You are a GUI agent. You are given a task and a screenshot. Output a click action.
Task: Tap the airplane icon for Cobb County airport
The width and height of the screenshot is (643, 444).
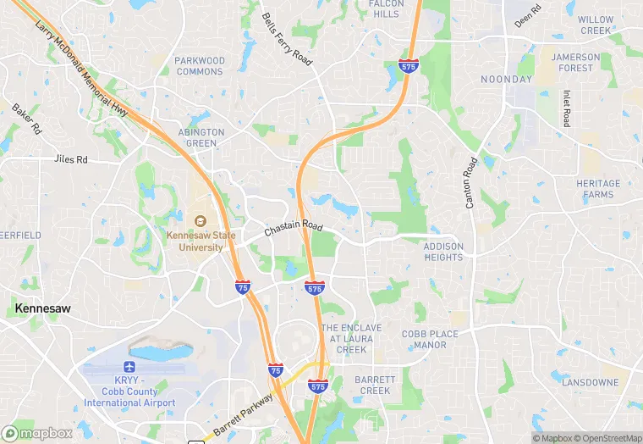(x=129, y=368)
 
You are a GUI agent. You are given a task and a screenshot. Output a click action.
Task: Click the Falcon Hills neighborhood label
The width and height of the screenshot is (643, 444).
(x=386, y=8)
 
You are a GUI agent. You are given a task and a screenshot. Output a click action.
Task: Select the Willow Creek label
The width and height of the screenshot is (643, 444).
(x=596, y=25)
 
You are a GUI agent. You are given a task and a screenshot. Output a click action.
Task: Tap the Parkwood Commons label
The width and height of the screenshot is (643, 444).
(x=201, y=66)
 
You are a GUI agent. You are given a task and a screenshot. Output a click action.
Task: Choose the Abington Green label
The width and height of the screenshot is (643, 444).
(x=201, y=137)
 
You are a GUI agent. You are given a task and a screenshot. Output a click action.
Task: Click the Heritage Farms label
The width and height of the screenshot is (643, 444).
(x=598, y=189)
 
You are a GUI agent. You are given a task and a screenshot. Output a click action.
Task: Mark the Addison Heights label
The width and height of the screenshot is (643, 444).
(x=443, y=252)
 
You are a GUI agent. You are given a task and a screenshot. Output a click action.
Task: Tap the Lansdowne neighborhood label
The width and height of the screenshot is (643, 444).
(x=590, y=382)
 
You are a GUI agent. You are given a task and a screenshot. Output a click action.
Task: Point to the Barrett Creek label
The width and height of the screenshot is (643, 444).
(x=373, y=385)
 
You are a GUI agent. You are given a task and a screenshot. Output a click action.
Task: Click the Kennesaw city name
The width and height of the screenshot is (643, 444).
(x=42, y=309)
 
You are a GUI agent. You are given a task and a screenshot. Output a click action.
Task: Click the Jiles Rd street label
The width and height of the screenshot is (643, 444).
(x=70, y=159)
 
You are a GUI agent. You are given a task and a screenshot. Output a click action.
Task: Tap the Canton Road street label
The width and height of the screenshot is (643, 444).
(x=470, y=181)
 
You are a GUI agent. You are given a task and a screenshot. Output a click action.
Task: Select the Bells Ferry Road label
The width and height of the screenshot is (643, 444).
(x=287, y=39)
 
